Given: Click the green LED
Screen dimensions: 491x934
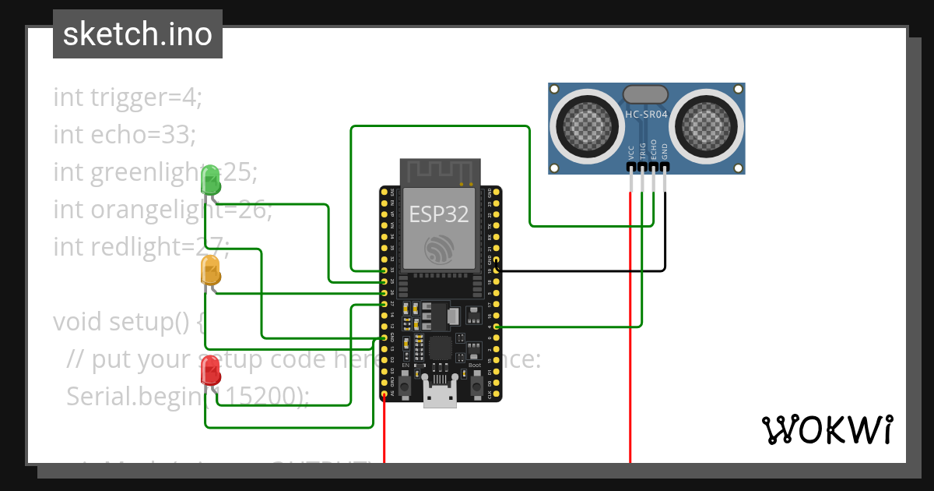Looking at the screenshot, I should [210, 181].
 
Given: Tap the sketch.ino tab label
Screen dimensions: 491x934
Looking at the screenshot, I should [138, 34].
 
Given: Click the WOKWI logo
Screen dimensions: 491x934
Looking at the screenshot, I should [827, 429].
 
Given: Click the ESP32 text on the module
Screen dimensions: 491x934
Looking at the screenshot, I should [440, 213].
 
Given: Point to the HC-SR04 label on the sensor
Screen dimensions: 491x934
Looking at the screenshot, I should [646, 115].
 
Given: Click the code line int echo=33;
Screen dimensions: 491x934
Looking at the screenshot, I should [125, 135].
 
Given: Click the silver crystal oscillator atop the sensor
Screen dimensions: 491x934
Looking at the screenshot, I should [645, 94].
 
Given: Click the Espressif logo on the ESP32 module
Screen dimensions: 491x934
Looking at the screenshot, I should [439, 248].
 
